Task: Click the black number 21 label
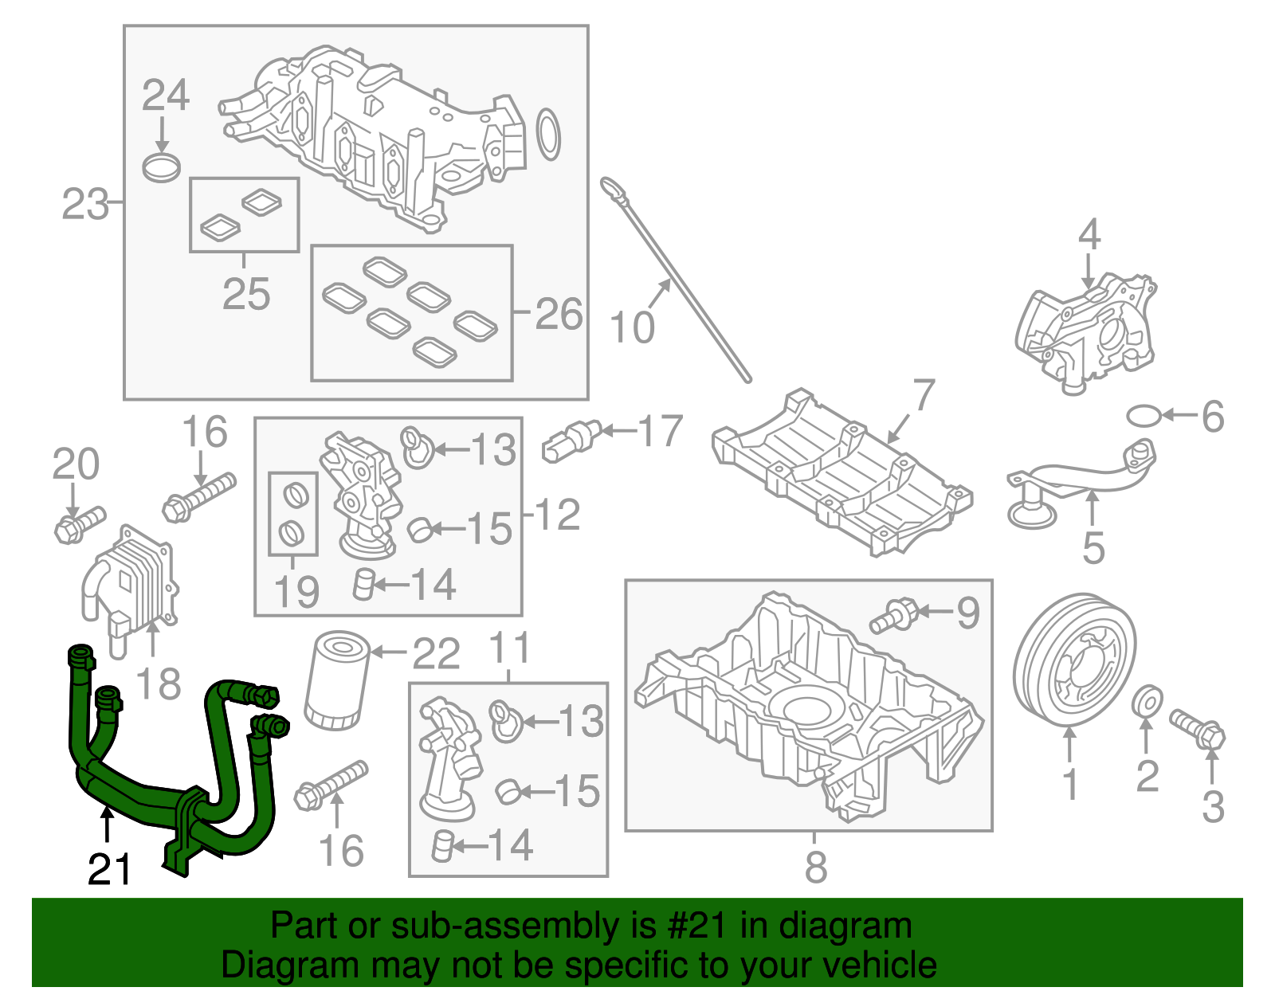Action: (x=109, y=869)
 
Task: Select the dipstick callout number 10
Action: (x=632, y=327)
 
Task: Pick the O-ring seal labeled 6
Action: (x=1144, y=415)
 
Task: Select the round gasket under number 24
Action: (x=162, y=168)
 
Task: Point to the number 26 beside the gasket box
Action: (x=559, y=314)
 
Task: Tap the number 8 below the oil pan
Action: (x=815, y=866)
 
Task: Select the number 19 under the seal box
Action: (x=296, y=591)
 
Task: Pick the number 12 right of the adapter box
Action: (x=557, y=515)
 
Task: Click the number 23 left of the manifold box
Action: (x=84, y=205)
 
